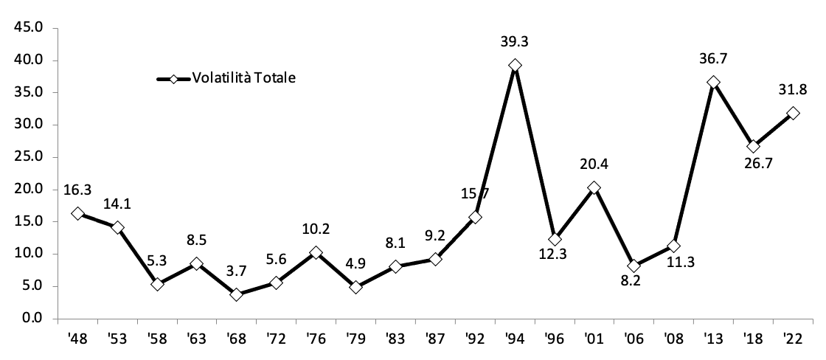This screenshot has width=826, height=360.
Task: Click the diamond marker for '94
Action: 515,66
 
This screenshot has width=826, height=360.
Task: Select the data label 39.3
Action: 515,43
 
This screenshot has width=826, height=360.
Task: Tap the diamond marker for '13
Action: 713,82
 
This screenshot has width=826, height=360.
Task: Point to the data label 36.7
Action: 713,59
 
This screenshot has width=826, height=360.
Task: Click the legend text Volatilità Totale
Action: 243,78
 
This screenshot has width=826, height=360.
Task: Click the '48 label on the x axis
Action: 77,340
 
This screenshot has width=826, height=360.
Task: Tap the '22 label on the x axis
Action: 793,340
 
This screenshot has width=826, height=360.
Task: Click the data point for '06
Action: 634,266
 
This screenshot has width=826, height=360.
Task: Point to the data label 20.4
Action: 594,165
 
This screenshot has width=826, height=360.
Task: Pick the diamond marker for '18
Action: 753,146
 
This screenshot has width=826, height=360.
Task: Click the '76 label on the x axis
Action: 316,340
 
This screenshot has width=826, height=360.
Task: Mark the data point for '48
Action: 77,213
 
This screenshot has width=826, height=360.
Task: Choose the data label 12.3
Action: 555,261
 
